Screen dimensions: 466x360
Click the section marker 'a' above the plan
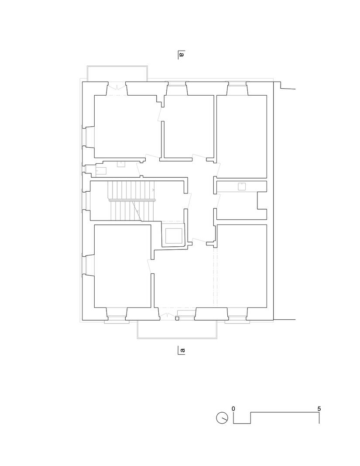coord(182,55)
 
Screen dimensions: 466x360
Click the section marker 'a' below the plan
coord(182,350)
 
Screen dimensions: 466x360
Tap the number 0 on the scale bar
coord(234,409)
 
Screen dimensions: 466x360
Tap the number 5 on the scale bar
coord(319,409)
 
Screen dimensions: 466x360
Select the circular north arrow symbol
coord(222,418)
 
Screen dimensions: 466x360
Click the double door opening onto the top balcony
coord(117,88)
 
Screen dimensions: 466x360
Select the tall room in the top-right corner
coord(241,135)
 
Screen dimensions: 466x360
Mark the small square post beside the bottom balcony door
coord(177,318)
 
